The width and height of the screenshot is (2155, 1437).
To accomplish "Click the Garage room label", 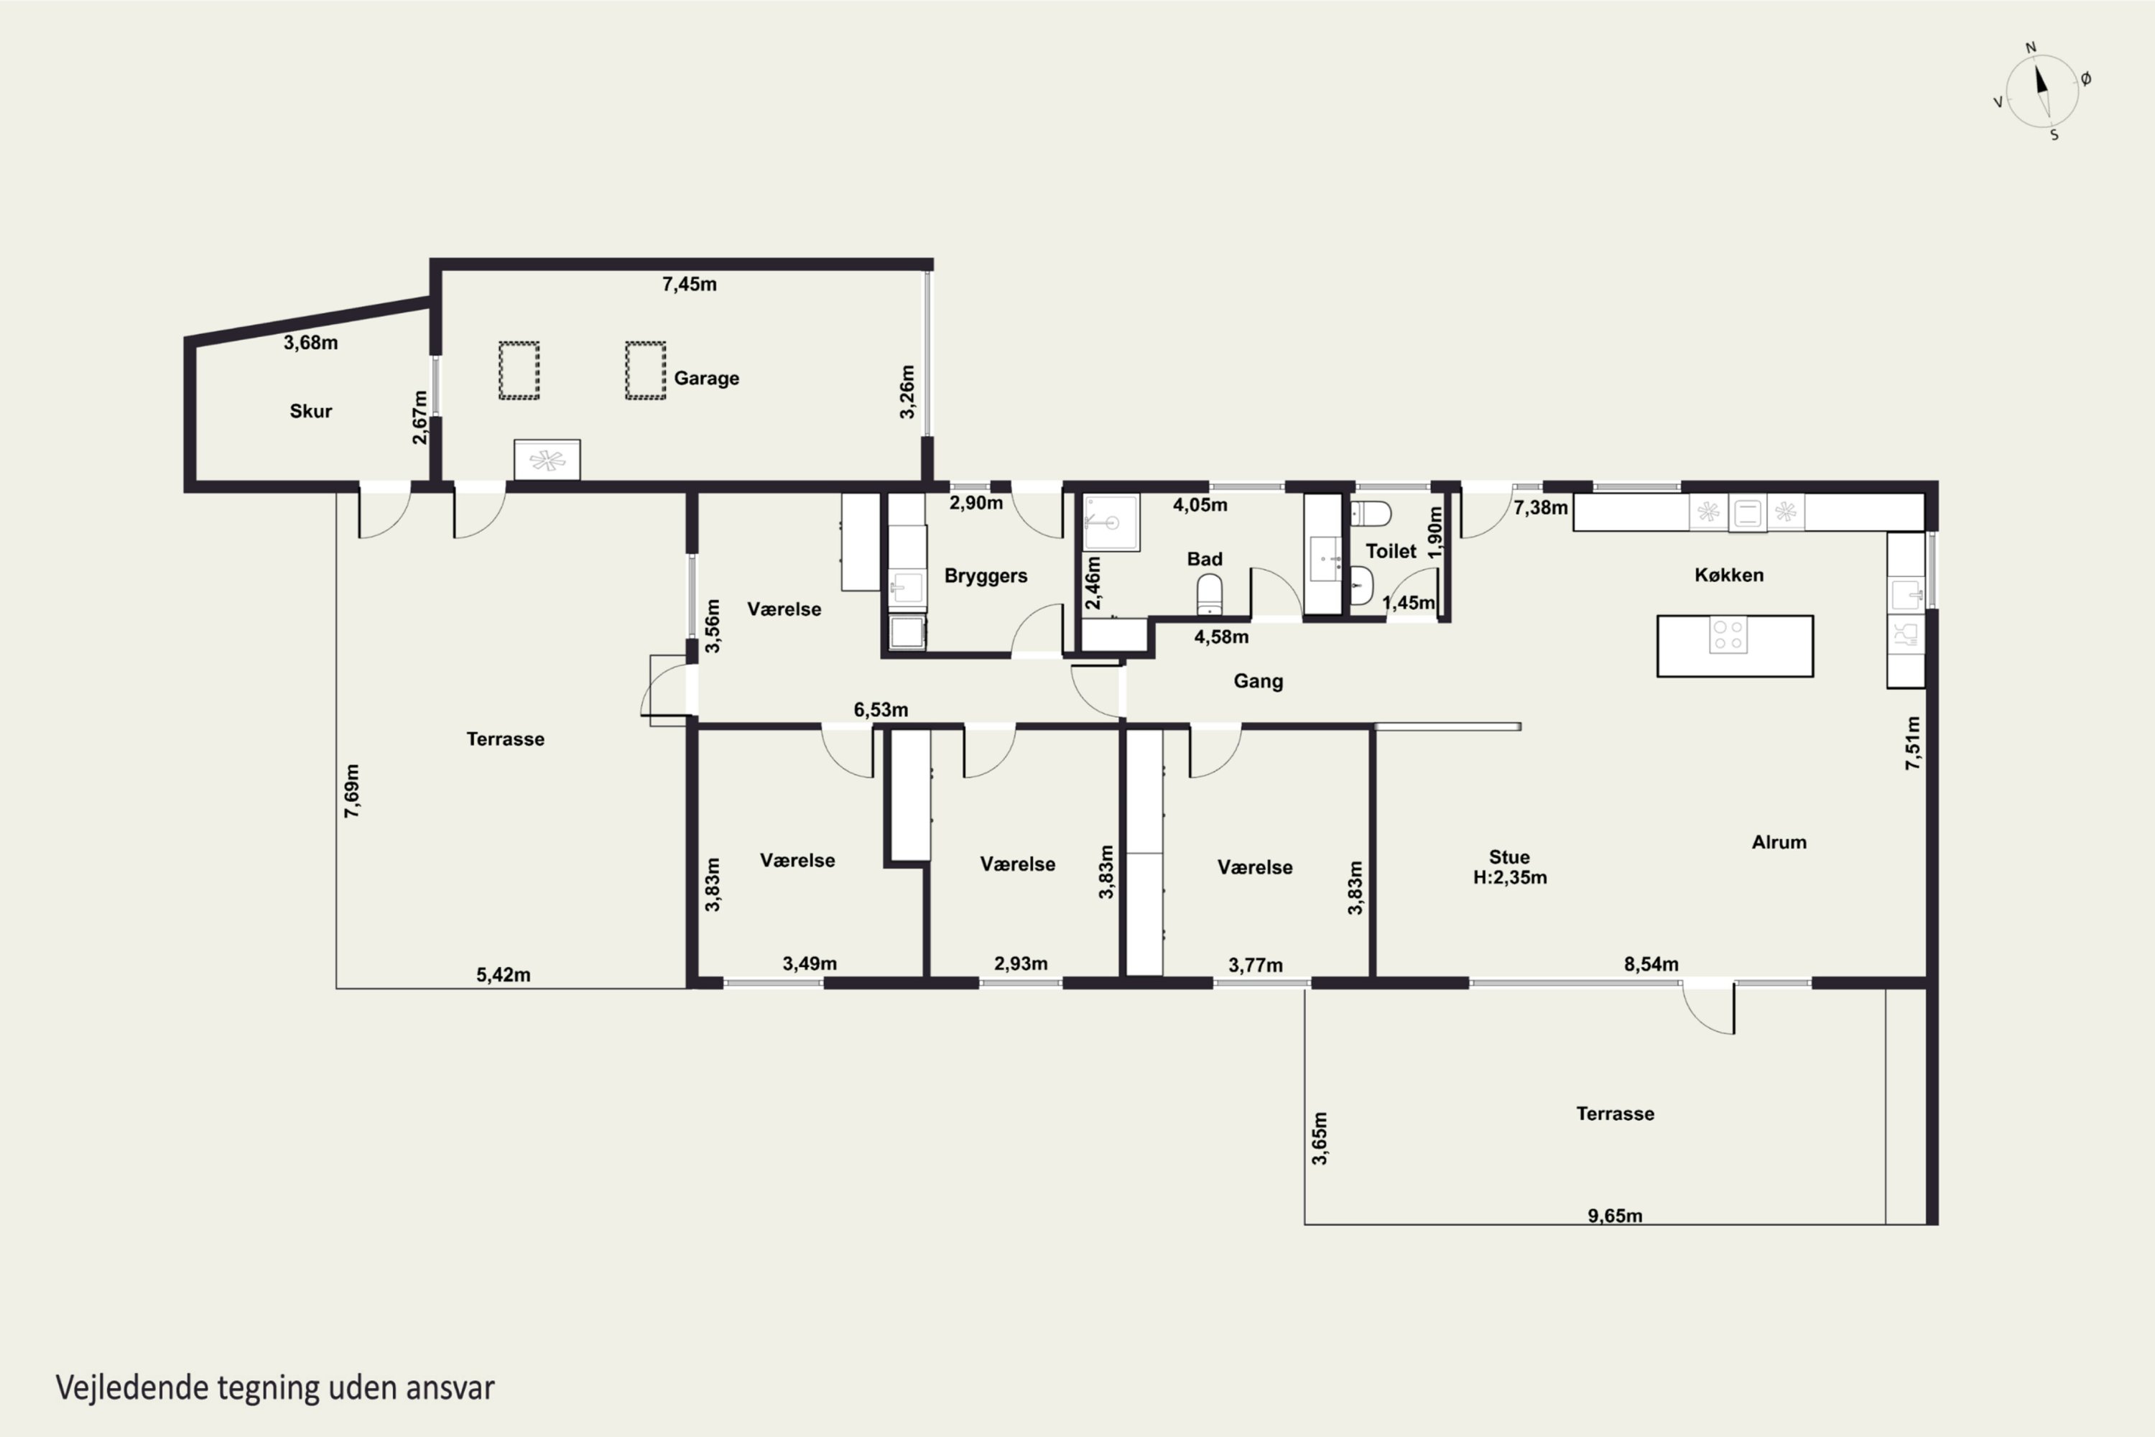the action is (x=706, y=379).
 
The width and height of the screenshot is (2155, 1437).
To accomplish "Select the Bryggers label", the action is (x=986, y=576).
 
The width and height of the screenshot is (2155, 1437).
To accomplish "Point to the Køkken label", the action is (x=1729, y=575).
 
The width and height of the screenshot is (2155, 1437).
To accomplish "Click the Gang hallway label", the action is (x=1258, y=681).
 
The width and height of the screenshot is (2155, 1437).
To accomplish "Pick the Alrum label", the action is (x=1779, y=842).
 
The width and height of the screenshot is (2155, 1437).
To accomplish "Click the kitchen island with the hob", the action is (x=1735, y=646).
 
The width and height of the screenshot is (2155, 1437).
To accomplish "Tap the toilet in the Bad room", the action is (x=1210, y=595).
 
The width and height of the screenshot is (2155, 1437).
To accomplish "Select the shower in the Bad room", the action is (x=1111, y=522).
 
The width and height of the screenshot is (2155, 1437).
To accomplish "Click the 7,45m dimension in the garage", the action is (x=689, y=284).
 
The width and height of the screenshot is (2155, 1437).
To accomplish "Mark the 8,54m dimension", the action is (x=1651, y=964).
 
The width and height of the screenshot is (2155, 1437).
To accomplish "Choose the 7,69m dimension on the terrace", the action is (x=352, y=791).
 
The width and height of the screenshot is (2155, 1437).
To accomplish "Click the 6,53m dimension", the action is (x=881, y=709).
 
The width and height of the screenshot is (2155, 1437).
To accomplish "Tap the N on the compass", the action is (x=2031, y=47).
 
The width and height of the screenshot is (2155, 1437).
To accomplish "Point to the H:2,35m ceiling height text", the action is (x=1510, y=878).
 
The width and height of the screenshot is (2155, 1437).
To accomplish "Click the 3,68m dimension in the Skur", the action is (x=310, y=343).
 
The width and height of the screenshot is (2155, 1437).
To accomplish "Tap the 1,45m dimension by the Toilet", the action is (x=1408, y=603).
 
